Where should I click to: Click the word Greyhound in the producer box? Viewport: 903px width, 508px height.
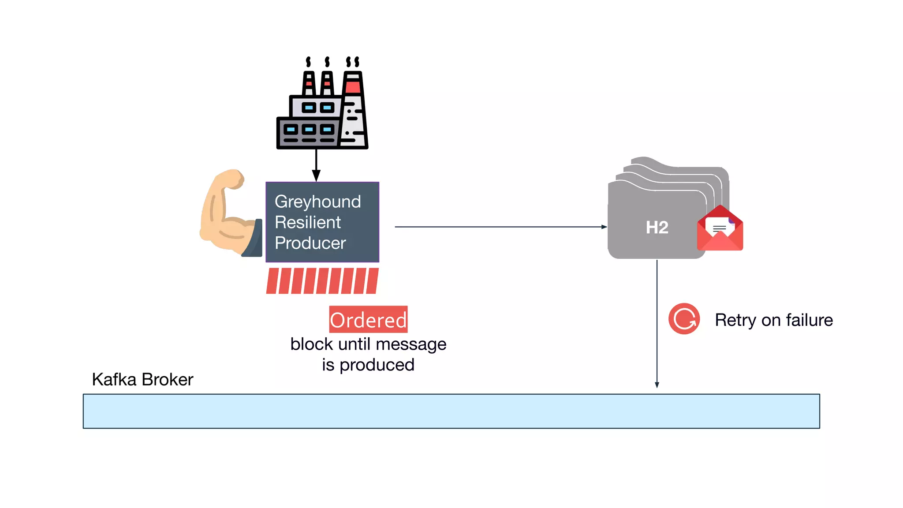pyautogui.click(x=317, y=202)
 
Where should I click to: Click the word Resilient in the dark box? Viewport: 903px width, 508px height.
pyautogui.click(x=307, y=223)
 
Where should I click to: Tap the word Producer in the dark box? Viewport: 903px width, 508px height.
pyautogui.click(x=310, y=243)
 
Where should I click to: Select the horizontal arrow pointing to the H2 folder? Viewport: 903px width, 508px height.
pyautogui.click(x=500, y=227)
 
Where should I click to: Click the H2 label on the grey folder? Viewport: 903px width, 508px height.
pyautogui.click(x=657, y=228)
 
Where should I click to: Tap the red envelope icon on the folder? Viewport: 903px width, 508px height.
pyautogui.click(x=720, y=229)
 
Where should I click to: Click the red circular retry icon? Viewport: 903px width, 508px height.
pyautogui.click(x=684, y=319)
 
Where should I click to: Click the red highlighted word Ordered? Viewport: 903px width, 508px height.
pyautogui.click(x=368, y=320)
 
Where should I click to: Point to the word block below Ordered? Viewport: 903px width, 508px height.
pyautogui.click(x=311, y=344)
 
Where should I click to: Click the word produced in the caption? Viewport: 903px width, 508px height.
pyautogui.click(x=377, y=365)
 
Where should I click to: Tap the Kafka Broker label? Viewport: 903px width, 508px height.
pyautogui.click(x=142, y=380)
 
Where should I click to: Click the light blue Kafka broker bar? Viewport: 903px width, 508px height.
pyautogui.click(x=451, y=411)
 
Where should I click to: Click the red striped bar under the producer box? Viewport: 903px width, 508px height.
pyautogui.click(x=322, y=281)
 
